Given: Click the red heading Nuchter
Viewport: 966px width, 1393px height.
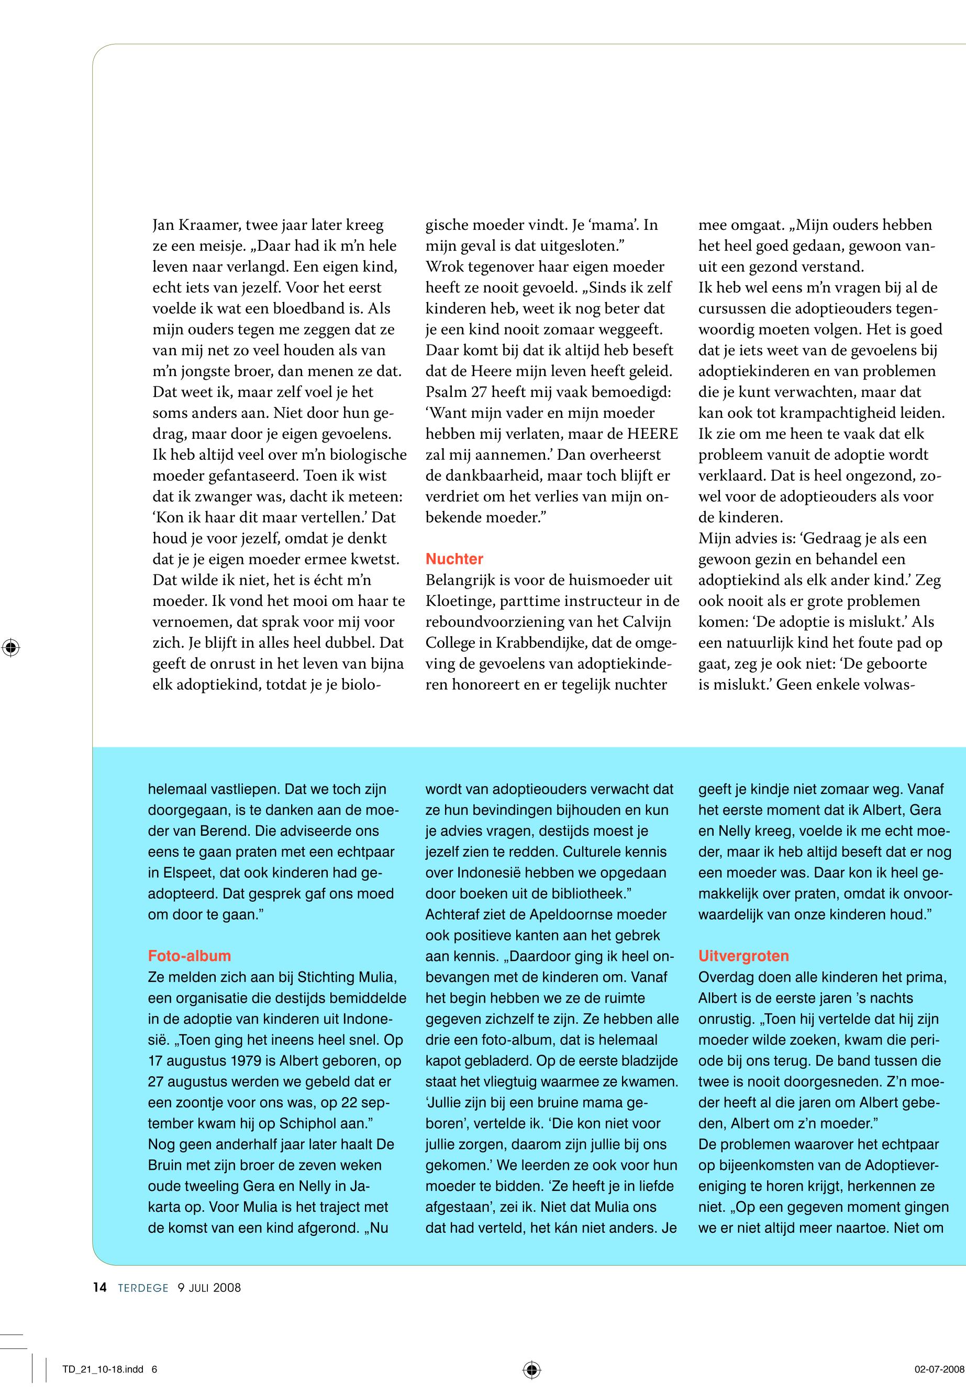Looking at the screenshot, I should point(454,559).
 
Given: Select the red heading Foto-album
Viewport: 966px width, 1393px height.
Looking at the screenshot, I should point(190,956).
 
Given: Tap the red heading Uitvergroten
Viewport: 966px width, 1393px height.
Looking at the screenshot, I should point(743,956).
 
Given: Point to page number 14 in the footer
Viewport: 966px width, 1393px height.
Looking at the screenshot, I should point(100,1288).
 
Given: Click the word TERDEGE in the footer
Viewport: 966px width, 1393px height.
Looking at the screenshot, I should point(143,1288).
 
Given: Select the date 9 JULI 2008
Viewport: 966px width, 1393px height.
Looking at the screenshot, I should point(209,1288).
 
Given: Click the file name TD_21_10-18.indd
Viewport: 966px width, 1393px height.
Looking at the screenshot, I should point(103,1369).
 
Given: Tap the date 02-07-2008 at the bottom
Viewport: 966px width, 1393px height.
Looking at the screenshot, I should point(939,1369).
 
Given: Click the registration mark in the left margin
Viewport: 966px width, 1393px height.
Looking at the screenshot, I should point(10,647).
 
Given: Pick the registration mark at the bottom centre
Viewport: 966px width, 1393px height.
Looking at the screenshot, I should point(531,1369).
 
